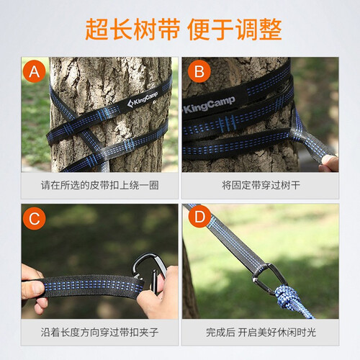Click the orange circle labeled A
click(x=35, y=71)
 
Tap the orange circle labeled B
click(x=199, y=71)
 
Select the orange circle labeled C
click(x=35, y=218)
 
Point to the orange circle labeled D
click(x=199, y=216)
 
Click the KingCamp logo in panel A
click(x=143, y=99)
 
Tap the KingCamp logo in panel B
click(x=209, y=105)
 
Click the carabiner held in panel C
click(x=150, y=272)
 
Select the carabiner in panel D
click(x=270, y=279)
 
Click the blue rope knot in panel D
click(x=288, y=297)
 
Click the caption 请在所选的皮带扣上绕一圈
click(x=100, y=185)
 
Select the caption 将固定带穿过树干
click(x=261, y=185)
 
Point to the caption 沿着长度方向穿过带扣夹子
click(x=100, y=333)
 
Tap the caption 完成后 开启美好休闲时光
click(x=261, y=333)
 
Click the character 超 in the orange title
click(x=96, y=30)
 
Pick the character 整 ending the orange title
click(x=271, y=30)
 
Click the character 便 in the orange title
click(x=198, y=30)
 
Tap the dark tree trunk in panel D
click(x=189, y=283)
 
